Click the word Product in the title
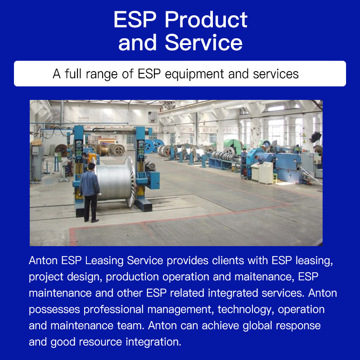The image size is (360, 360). click(x=206, y=20)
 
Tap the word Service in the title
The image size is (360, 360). click(x=203, y=42)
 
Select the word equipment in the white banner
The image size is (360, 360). click(x=194, y=74)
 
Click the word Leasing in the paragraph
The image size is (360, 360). click(x=104, y=261)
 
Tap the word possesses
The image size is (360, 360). click(x=54, y=310)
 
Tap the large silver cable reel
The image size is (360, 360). click(x=115, y=181)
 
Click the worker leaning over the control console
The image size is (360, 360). click(x=260, y=159)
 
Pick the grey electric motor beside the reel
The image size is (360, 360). click(x=150, y=166)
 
